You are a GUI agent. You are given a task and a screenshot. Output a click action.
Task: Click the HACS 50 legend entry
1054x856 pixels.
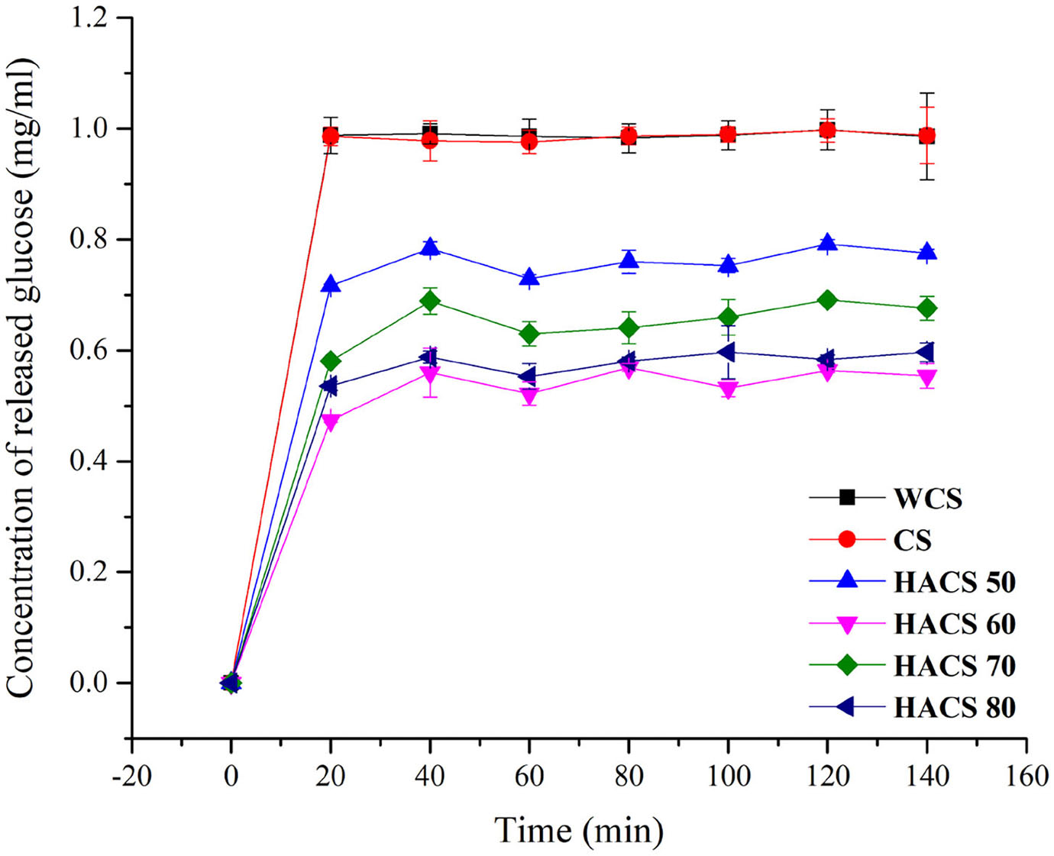[954, 582]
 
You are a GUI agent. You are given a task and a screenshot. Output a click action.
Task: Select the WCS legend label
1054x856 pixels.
[927, 499]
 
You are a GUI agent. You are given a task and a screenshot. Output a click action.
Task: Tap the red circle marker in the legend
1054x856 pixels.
[846, 540]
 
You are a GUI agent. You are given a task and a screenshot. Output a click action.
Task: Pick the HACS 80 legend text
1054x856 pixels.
[954, 707]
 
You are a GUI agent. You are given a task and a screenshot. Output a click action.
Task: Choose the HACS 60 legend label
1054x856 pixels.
[954, 624]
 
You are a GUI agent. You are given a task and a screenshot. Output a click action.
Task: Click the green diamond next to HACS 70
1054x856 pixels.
[846, 665]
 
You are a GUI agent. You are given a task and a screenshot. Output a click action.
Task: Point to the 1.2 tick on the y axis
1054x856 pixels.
[91, 18]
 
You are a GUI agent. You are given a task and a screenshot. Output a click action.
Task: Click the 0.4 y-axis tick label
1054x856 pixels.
[91, 461]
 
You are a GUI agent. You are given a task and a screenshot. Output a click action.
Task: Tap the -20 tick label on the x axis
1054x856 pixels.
[131, 777]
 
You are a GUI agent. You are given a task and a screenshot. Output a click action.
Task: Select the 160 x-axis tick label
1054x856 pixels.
[1027, 777]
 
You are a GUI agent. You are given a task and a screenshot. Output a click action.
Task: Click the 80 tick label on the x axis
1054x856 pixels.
[629, 777]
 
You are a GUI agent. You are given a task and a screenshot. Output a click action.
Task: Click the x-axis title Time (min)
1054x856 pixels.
[579, 830]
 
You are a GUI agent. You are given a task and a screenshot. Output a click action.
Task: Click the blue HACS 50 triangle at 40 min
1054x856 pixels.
[430, 247]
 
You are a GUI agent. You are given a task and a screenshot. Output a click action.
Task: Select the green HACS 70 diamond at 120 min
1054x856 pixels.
[827, 300]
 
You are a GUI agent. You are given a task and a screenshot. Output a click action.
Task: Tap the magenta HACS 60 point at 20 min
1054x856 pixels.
[331, 421]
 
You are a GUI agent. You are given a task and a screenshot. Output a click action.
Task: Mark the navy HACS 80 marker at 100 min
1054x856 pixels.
[727, 352]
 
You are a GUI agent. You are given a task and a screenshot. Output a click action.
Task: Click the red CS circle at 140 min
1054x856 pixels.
[926, 136]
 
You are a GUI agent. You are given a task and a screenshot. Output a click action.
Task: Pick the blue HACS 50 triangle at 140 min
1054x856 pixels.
[926, 253]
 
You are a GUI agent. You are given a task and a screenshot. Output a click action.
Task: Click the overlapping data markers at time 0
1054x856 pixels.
[231, 682]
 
